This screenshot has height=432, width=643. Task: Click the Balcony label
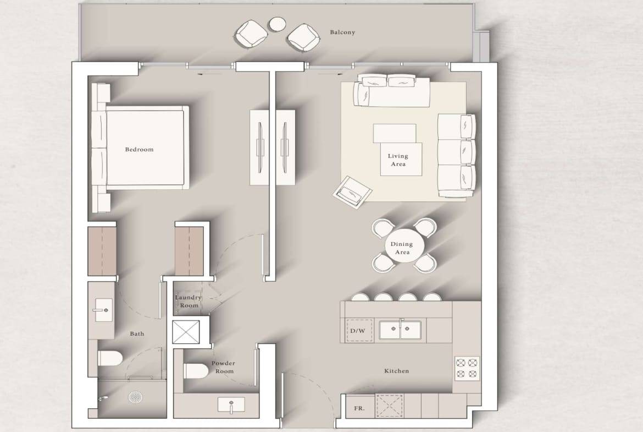click(342, 32)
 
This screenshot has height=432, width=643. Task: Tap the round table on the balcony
click(278, 24)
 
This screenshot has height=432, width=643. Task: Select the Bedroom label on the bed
click(140, 150)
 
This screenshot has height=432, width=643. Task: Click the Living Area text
click(398, 160)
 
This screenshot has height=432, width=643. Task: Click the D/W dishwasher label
click(358, 331)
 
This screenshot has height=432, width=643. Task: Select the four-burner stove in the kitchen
click(468, 368)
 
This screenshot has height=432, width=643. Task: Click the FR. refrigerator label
click(359, 408)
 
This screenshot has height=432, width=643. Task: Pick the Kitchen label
click(397, 371)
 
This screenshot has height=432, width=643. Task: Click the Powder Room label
click(224, 367)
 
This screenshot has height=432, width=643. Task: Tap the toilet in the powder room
click(196, 371)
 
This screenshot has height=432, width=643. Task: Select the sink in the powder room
click(231, 404)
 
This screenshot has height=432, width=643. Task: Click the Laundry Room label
click(189, 301)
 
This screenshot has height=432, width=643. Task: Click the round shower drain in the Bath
click(135, 397)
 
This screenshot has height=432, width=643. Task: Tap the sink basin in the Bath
click(103, 310)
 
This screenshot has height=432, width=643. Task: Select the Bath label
click(137, 334)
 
